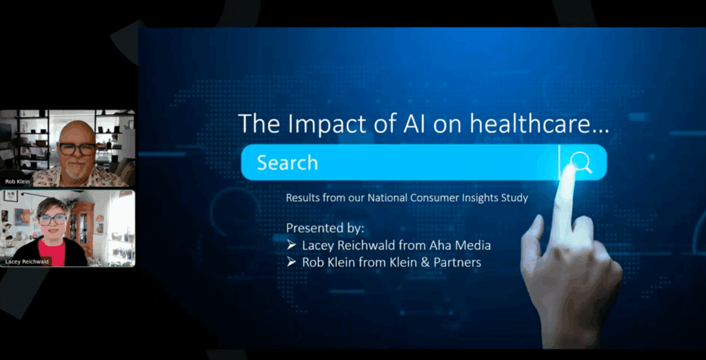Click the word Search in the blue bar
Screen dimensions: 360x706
click(x=287, y=163)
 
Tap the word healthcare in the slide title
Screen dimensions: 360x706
click(x=543, y=123)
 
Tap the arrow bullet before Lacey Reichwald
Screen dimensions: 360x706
click(x=291, y=246)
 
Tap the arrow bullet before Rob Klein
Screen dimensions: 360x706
click(x=291, y=263)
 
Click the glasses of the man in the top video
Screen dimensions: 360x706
click(x=77, y=148)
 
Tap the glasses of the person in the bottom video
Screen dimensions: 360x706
click(x=52, y=219)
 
